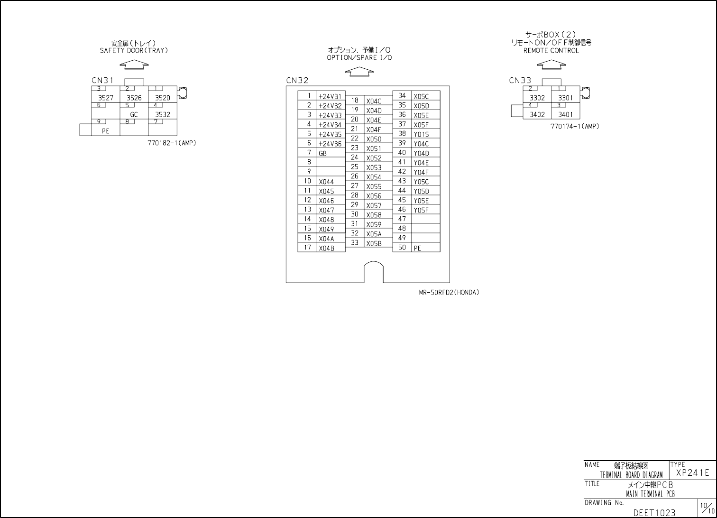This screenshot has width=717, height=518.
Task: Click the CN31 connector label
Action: (102, 81)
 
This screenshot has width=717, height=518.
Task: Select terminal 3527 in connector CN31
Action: (106, 98)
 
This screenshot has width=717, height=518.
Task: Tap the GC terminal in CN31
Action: (134, 115)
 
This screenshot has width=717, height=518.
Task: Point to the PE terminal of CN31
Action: (105, 131)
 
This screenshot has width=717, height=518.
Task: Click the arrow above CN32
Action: (359, 71)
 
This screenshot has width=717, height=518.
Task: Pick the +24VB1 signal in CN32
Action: (330, 96)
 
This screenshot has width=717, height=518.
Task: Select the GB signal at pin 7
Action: (323, 153)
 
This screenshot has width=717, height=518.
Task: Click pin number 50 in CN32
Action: (402, 247)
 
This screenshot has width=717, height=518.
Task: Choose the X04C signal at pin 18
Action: (374, 101)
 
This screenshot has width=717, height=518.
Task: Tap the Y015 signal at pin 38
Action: (421, 134)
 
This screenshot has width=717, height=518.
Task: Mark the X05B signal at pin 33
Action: (374, 243)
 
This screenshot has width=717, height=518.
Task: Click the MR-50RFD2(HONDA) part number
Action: (449, 293)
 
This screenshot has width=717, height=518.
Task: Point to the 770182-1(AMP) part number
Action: (172, 143)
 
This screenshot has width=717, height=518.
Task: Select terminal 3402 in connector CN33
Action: (537, 115)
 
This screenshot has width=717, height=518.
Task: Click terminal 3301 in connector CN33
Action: (566, 98)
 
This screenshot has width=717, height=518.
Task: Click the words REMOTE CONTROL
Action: (551, 51)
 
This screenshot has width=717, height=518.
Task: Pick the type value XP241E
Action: (693, 473)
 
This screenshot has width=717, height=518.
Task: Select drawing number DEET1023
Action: (654, 513)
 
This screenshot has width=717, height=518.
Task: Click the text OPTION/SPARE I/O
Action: (359, 58)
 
